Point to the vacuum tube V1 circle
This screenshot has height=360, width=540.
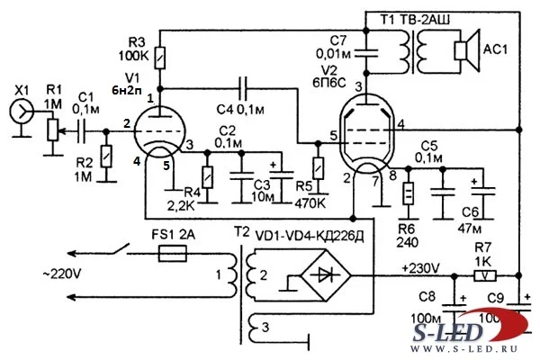pyautogui.click(x=157, y=136)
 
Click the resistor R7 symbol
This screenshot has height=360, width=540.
pyautogui.click(x=486, y=277)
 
